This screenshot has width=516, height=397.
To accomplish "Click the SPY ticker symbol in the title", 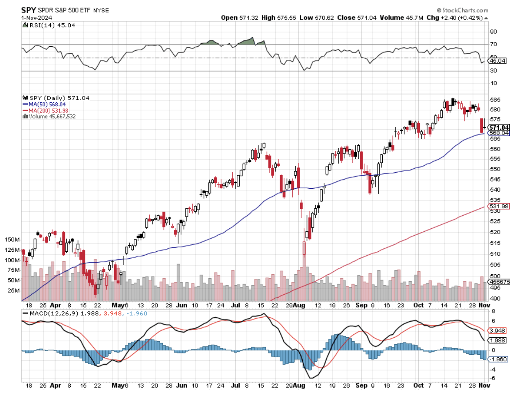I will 29,10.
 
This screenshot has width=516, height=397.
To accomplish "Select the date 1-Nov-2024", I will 36,18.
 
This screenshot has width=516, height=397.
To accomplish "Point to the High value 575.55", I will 286,18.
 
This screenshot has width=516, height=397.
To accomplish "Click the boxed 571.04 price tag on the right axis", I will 499,128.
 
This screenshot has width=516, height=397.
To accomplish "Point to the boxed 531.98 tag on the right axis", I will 499,206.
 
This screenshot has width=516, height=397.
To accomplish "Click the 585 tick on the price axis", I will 495,99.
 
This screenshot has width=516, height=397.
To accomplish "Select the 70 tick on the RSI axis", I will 494,44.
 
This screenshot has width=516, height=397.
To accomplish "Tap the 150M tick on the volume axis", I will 12,239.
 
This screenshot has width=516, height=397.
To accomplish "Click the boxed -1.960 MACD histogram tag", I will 498,359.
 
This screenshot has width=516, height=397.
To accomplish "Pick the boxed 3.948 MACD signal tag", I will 498,331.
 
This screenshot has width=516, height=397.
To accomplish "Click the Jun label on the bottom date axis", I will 182,385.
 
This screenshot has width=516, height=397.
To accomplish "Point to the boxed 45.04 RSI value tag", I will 498,61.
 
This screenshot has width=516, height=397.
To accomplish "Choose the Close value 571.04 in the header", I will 366,18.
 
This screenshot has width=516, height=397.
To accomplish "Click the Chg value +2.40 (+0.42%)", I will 462,18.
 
